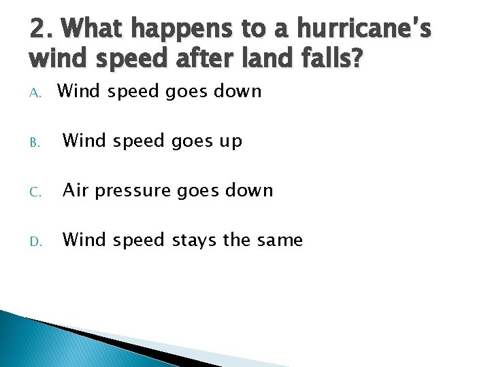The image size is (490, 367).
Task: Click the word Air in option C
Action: [76, 190]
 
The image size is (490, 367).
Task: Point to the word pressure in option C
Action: [133, 192]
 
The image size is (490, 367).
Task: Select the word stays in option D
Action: [194, 241]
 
